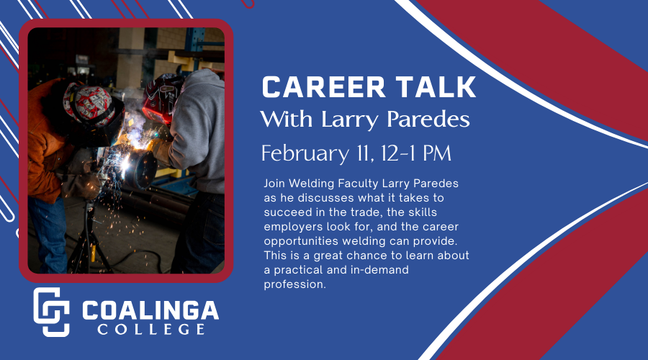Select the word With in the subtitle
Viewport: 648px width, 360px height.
pyautogui.click(x=284, y=119)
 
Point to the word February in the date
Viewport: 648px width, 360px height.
pyautogui.click(x=303, y=153)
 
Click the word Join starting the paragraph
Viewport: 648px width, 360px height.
pyautogui.click(x=275, y=184)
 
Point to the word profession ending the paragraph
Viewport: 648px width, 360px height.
pyautogui.click(x=295, y=284)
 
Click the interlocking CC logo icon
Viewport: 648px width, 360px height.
pyautogui.click(x=51, y=312)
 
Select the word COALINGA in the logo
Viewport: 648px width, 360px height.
pyautogui.click(x=150, y=310)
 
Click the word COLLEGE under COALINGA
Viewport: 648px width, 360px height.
pyautogui.click(x=150, y=330)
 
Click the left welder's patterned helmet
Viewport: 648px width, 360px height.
pyautogui.click(x=84, y=107)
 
